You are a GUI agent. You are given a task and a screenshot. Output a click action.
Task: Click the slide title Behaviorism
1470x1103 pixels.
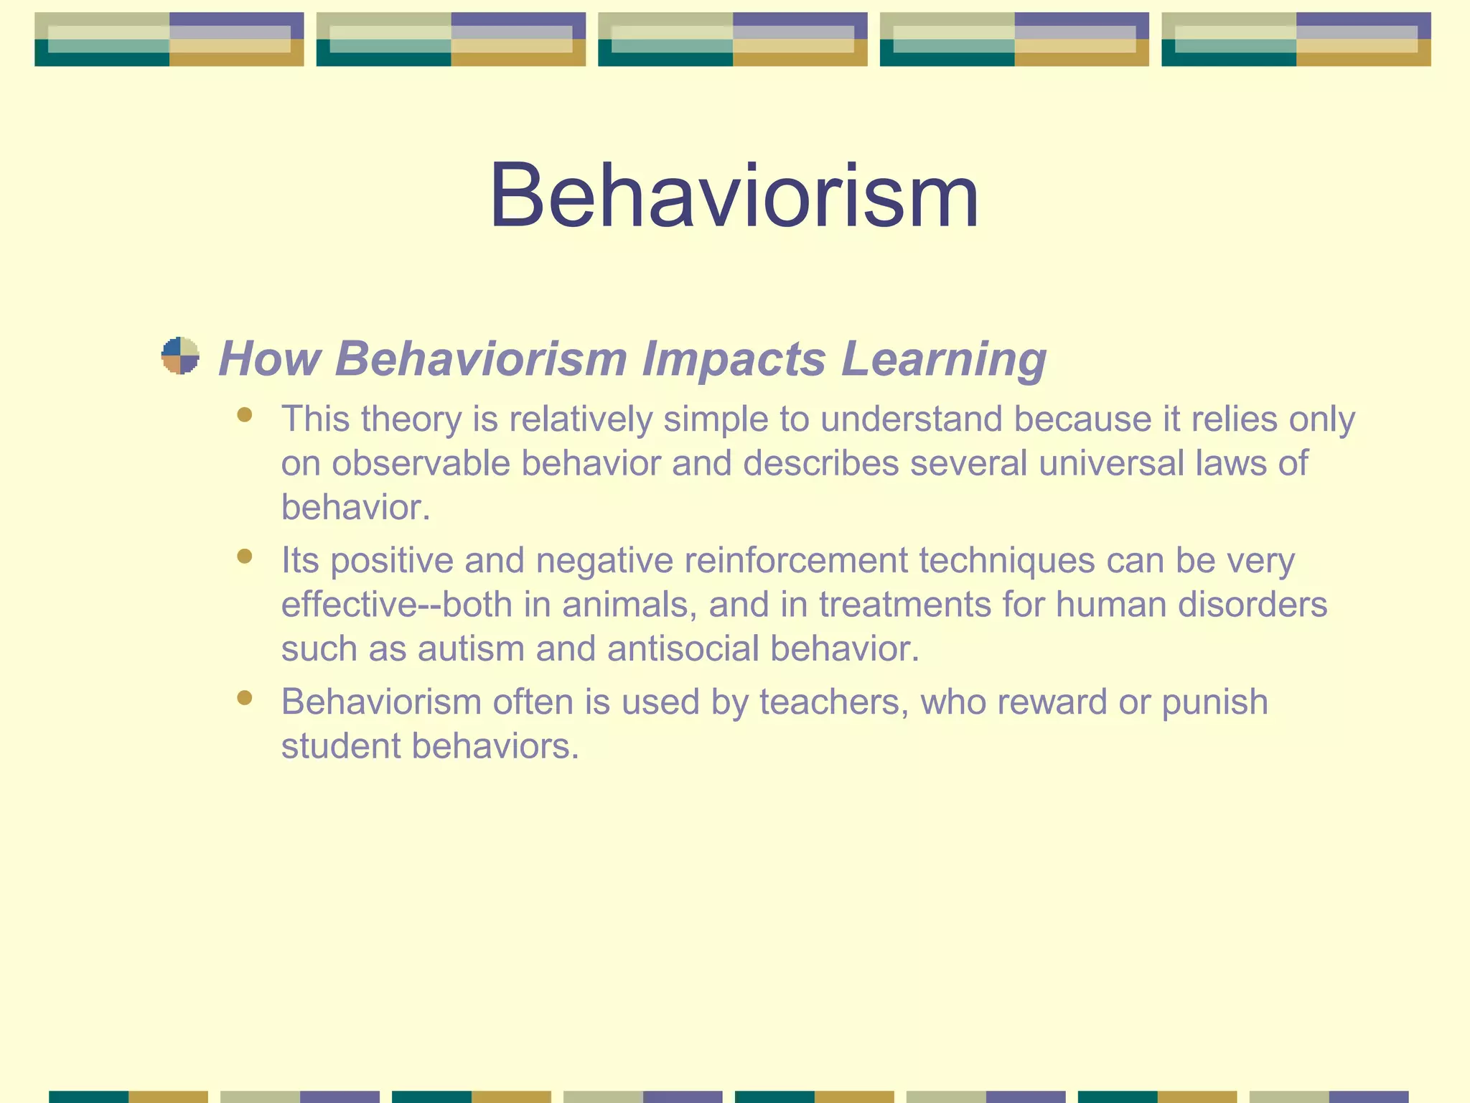coord(734,195)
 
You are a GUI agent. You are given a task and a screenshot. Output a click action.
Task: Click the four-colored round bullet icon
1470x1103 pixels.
coord(180,355)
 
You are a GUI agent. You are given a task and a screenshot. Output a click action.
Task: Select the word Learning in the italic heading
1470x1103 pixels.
coord(943,358)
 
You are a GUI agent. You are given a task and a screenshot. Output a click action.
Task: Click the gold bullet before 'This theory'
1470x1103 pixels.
coord(245,415)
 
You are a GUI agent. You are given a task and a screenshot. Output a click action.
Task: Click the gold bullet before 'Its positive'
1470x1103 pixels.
coord(245,557)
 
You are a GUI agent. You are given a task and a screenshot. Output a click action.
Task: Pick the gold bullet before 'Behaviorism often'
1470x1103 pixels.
coord(245,698)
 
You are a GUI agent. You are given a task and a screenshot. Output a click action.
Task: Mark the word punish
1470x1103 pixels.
coord(1214,702)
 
